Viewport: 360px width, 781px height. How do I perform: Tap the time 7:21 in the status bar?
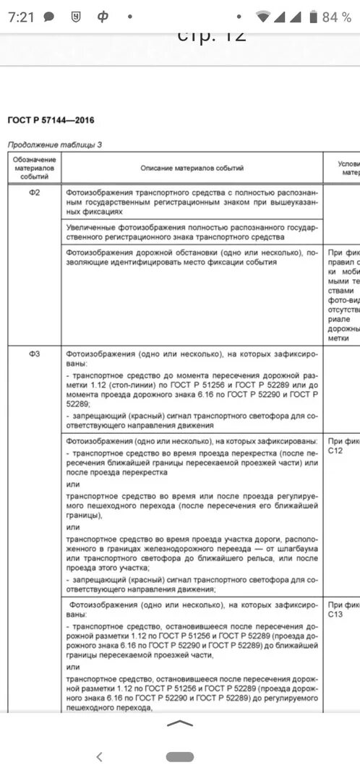point(21,17)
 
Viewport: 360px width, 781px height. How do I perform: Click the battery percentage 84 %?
point(337,17)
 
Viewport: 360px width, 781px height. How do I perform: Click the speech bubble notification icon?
point(49,17)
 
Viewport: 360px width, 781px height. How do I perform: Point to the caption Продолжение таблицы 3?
point(55,144)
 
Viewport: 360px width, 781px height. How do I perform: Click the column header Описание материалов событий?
point(192,168)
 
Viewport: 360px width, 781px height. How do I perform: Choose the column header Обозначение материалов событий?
point(34,167)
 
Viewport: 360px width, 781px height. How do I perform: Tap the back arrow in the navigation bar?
point(99,756)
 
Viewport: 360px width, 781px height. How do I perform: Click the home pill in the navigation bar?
point(179,756)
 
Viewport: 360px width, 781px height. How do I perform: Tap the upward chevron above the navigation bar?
point(179,722)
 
